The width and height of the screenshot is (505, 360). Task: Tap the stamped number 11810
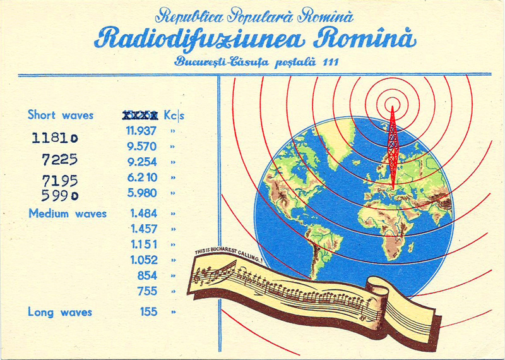pyautogui.click(x=55, y=137)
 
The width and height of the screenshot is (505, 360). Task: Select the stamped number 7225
pyautogui.click(x=59, y=159)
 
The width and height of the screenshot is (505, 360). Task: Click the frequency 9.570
pyautogui.click(x=142, y=146)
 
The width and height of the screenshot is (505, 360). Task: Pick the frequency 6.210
pyautogui.click(x=142, y=177)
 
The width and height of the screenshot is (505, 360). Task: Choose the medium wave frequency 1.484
pyautogui.click(x=143, y=213)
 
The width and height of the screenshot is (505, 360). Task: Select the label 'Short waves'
pyautogui.click(x=61, y=115)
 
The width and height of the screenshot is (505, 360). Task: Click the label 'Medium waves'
pyautogui.click(x=68, y=213)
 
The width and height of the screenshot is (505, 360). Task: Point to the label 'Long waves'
pyautogui.click(x=60, y=312)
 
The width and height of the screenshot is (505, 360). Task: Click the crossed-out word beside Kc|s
pyautogui.click(x=140, y=116)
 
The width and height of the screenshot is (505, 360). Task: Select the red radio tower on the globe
pyautogui.click(x=392, y=148)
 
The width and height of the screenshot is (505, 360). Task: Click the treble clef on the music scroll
pyautogui.click(x=203, y=276)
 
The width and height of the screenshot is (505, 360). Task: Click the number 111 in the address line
pyautogui.click(x=329, y=62)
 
